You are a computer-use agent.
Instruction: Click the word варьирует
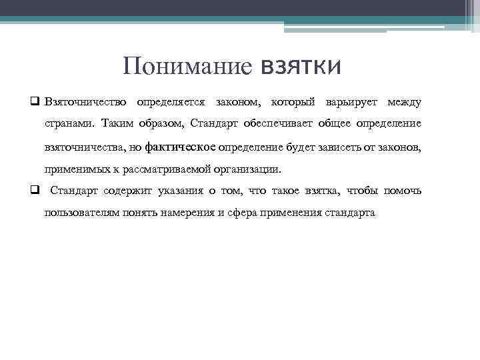click(x=350, y=102)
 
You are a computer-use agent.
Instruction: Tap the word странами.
click(x=70, y=123)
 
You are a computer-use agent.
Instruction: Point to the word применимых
click(x=75, y=169)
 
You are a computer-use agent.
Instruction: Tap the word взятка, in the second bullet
click(x=321, y=191)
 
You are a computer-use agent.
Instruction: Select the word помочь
click(x=403, y=191)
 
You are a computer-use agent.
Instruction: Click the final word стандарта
click(x=350, y=213)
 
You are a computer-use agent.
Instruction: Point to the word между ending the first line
click(x=404, y=102)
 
